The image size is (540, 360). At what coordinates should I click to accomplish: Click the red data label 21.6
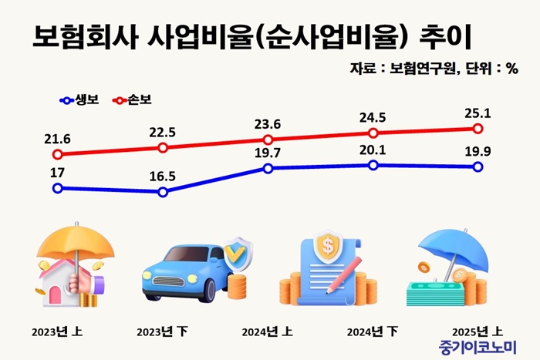click(58, 139)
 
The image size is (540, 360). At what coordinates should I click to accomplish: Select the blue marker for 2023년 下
click(163, 192)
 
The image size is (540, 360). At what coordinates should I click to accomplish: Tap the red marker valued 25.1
click(478, 128)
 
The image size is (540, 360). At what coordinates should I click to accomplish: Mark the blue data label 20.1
click(373, 151)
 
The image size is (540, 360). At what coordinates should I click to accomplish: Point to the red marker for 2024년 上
click(268, 140)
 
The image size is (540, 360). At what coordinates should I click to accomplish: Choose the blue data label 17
click(58, 173)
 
